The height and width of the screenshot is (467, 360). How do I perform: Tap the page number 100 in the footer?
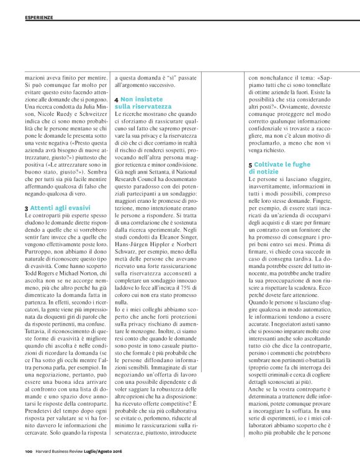click(x=29, y=451)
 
